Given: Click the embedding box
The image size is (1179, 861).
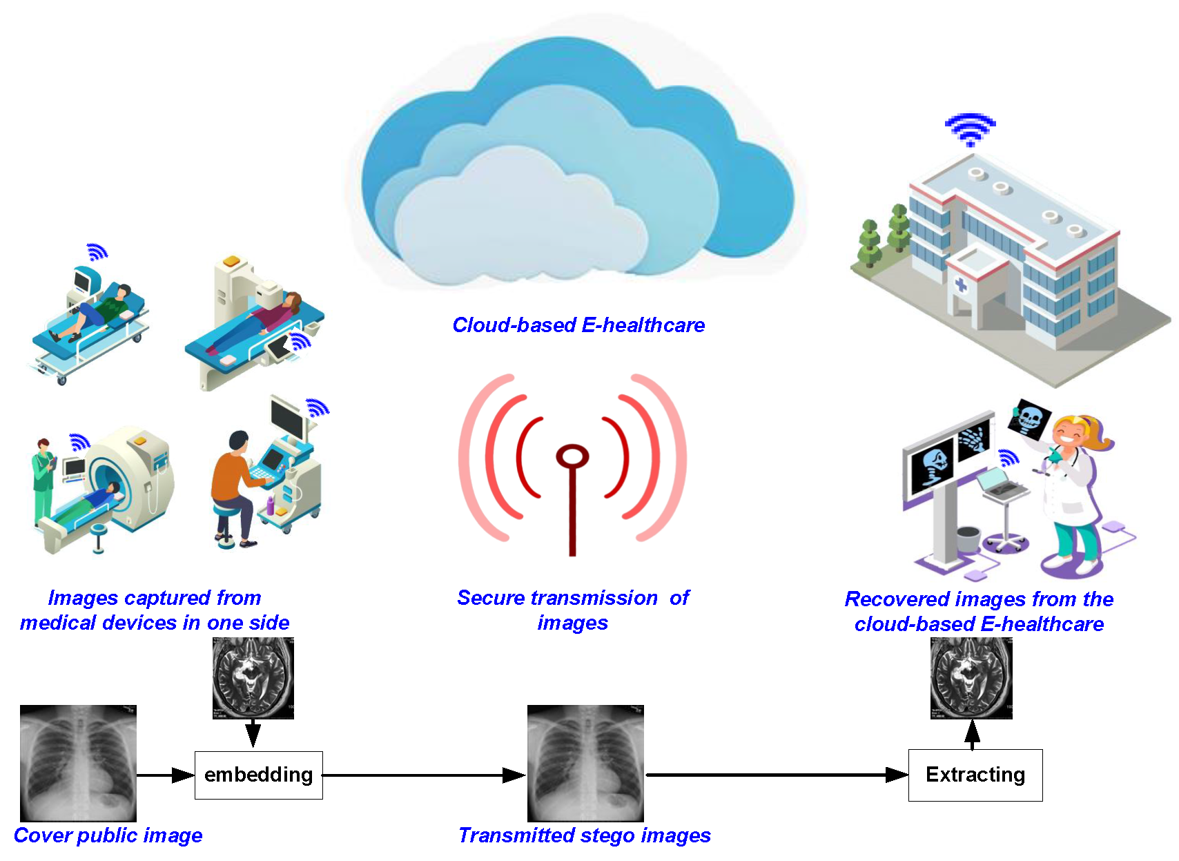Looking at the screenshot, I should tap(258, 775).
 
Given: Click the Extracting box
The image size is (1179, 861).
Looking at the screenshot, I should tap(975, 775).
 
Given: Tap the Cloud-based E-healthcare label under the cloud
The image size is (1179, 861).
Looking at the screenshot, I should tap(578, 325).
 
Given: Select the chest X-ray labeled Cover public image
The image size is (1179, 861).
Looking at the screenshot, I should tap(78, 763).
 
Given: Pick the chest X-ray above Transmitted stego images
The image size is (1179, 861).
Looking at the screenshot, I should tap(585, 763).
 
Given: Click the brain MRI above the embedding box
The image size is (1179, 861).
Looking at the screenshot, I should tap(253, 678).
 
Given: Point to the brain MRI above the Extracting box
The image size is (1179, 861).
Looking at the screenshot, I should tap(971, 678).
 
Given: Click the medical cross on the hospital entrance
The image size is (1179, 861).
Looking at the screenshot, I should tap(960, 284).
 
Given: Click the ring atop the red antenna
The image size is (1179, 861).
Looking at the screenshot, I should tap(572, 456).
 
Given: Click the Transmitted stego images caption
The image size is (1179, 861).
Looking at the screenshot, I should tap(584, 835).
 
